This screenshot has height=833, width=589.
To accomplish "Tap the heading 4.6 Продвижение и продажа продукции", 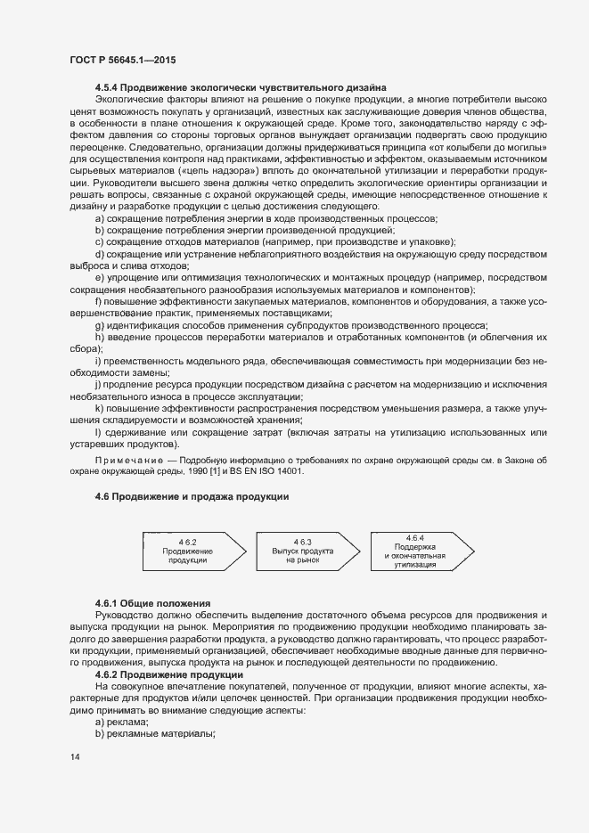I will click(x=192, y=495).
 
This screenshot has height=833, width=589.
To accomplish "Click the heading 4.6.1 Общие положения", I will click(x=152, y=604).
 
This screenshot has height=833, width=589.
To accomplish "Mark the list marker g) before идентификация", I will click(x=99, y=326).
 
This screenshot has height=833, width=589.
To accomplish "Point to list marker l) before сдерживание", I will click(x=98, y=433).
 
